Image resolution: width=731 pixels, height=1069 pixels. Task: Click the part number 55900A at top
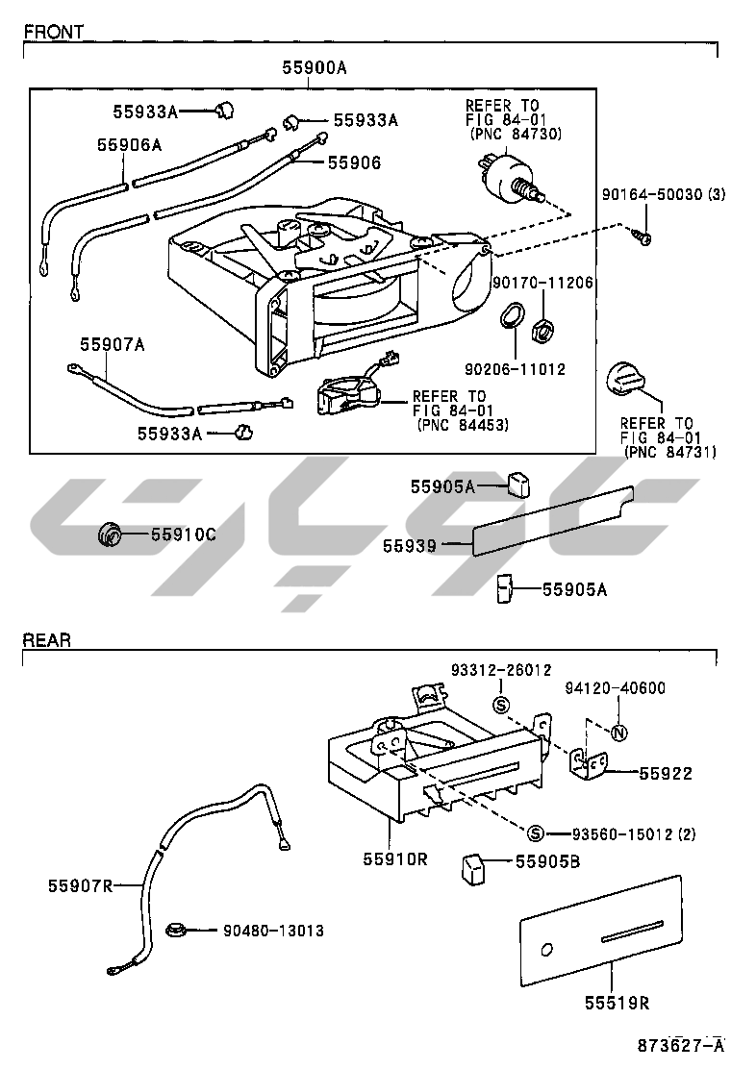coord(315,67)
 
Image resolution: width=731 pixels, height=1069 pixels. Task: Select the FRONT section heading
coord(53,31)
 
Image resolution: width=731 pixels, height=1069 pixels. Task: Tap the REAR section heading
coord(46,640)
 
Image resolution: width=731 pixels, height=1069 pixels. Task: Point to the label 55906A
coord(129,144)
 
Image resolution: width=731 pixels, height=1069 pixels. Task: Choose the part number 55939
coord(410,546)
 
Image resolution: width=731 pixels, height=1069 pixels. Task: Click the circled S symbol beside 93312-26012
coord(500,706)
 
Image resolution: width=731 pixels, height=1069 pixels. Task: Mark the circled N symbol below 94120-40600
coord(619,733)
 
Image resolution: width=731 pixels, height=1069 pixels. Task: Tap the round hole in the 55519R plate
coord(547,950)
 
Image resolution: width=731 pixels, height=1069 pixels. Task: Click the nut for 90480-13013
coord(176,930)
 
